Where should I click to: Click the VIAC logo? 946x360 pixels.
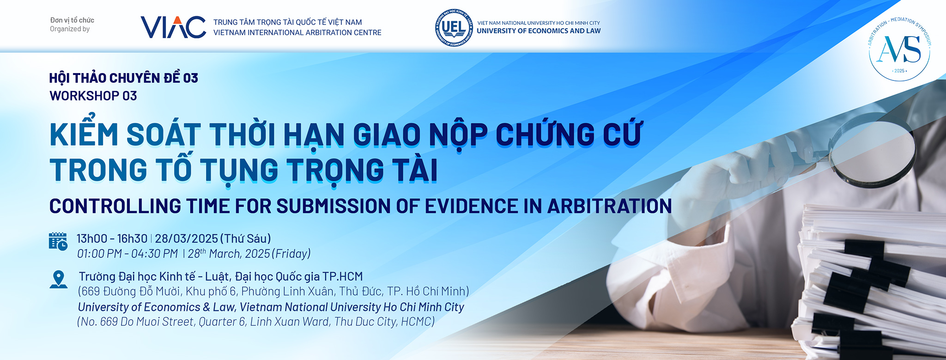point(173,27)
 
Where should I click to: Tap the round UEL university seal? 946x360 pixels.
point(454,28)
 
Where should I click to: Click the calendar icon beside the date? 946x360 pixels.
point(58,241)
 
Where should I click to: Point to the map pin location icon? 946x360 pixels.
point(58,280)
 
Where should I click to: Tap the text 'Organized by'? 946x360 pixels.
point(70,29)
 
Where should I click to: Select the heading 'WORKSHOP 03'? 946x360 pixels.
point(93,96)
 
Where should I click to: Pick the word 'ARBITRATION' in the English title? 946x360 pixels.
point(609,206)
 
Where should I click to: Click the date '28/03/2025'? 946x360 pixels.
point(186,238)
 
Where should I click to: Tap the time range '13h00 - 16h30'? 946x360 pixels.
point(112,238)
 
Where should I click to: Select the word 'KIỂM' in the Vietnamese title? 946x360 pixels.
point(84,134)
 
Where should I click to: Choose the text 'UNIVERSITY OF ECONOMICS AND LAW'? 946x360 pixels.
point(539,31)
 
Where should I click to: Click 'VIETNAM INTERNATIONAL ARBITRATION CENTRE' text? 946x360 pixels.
point(297,33)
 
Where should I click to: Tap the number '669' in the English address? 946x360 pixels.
point(109,322)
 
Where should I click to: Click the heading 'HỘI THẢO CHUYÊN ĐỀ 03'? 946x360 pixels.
point(124,78)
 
